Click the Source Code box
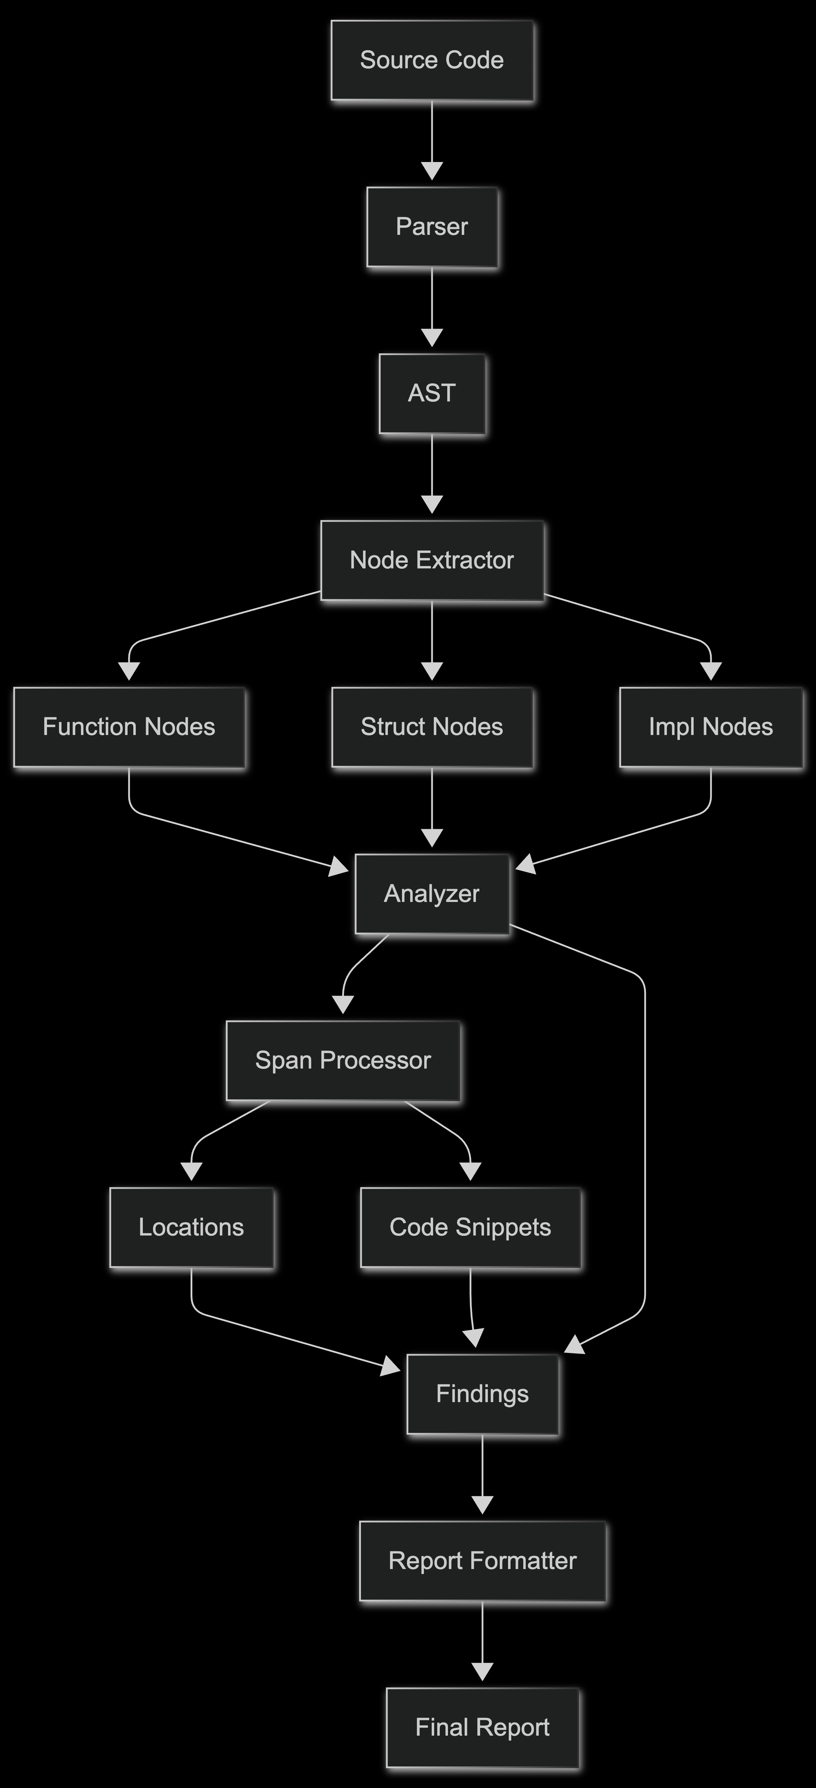tap(432, 60)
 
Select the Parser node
tap(432, 227)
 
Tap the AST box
tap(432, 394)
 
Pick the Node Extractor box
tap(432, 560)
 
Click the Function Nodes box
tap(129, 727)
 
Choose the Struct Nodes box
tap(432, 727)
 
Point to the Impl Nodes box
tap(711, 727)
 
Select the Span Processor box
tap(343, 1060)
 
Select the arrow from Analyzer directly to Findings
tap(645, 1145)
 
